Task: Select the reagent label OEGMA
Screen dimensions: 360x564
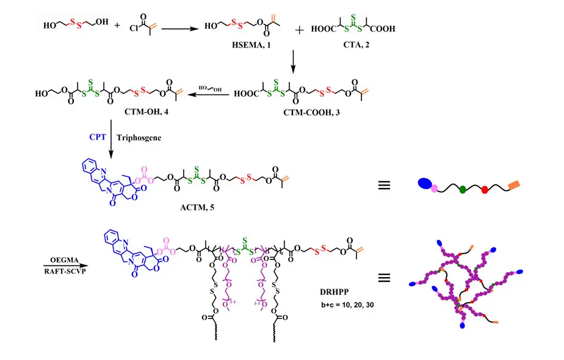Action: (60, 259)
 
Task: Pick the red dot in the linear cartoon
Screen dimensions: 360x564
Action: (485, 190)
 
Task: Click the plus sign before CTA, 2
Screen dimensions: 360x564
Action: (300, 29)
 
